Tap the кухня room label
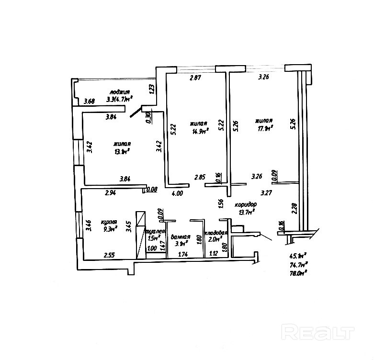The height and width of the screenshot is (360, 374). (109, 222)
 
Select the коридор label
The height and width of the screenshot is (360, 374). (246, 204)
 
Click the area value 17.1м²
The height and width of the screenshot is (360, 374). (265, 128)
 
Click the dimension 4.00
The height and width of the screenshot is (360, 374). (177, 193)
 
